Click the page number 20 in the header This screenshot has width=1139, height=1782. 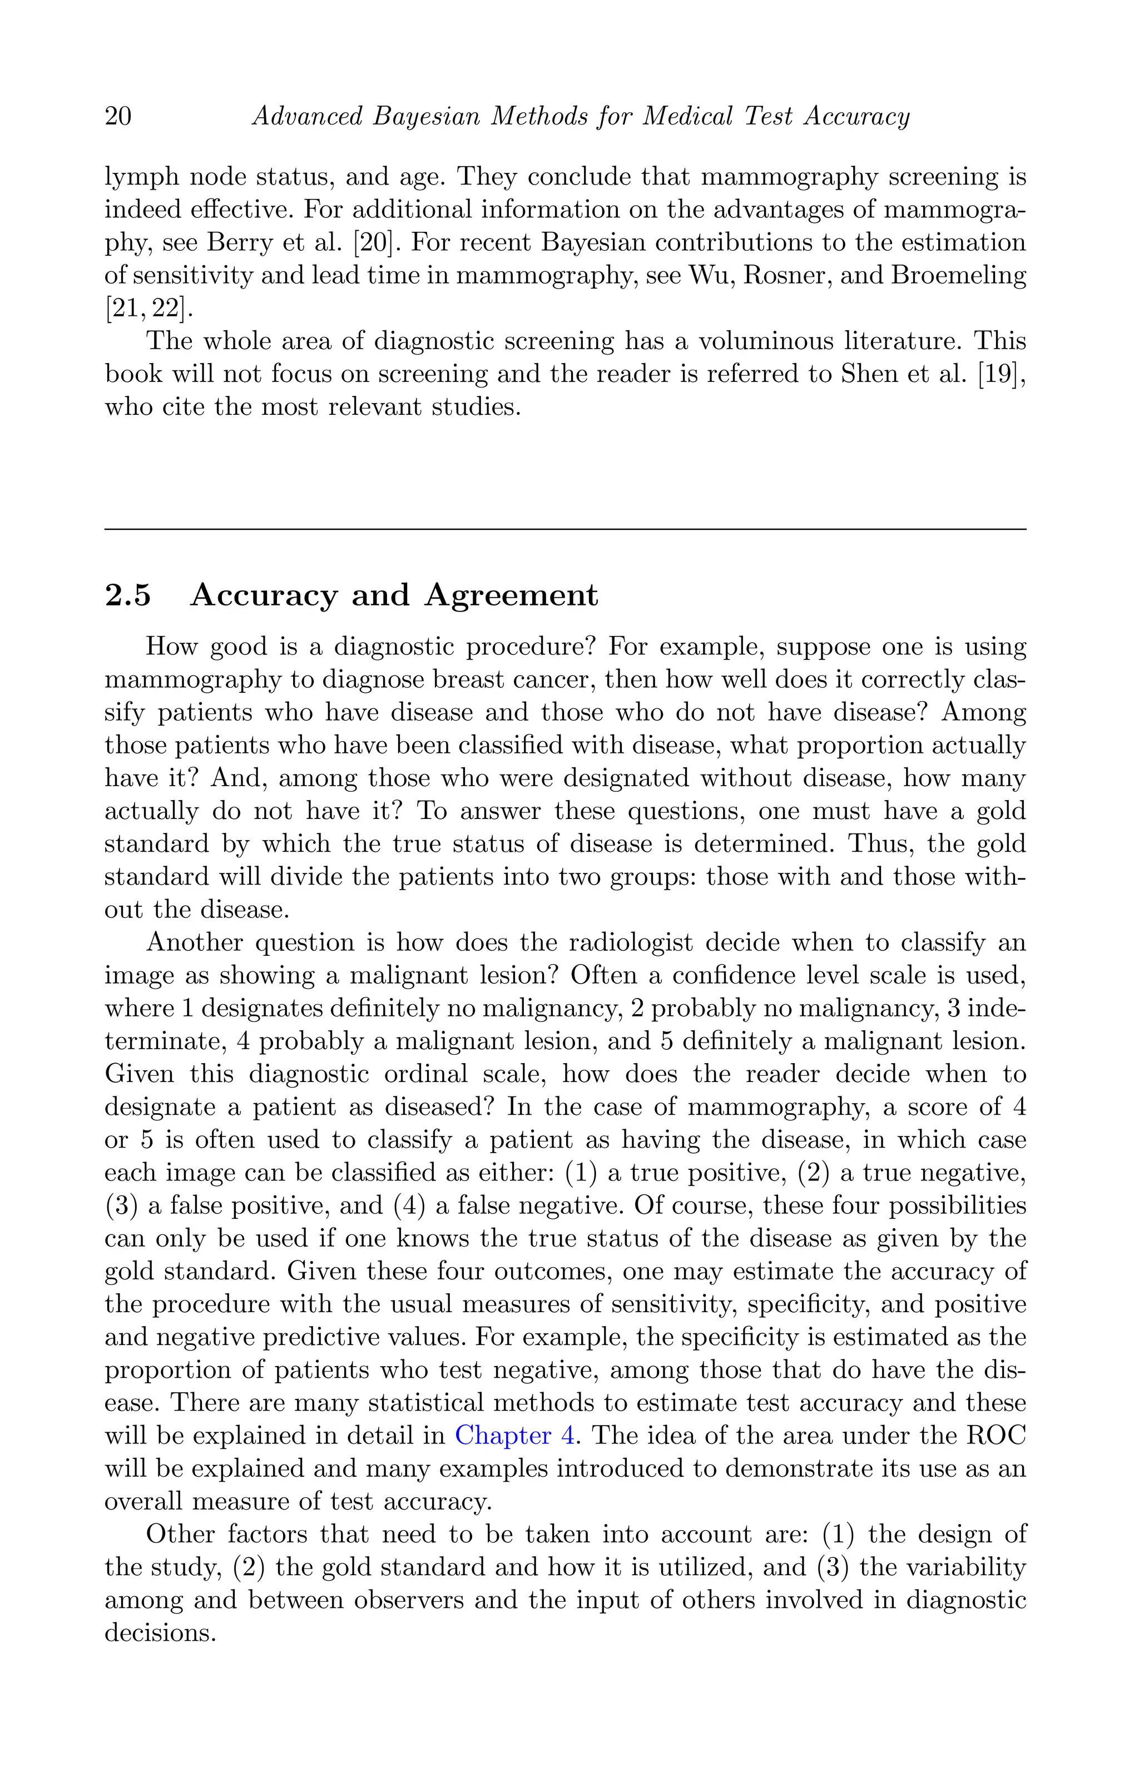[x=118, y=117]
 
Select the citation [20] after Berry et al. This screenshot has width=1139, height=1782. [x=378, y=243]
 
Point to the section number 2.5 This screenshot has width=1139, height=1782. [x=128, y=595]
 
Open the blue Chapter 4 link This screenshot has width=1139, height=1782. [x=514, y=1436]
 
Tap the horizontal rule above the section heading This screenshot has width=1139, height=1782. [x=566, y=529]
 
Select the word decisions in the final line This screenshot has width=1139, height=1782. [x=160, y=1632]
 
